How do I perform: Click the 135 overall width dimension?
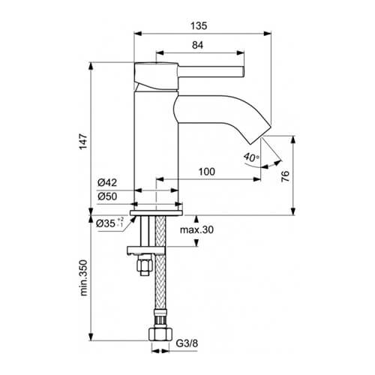coord(199,25)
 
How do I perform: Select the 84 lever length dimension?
coord(197,45)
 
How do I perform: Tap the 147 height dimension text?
coord(83,142)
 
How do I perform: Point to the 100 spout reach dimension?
coord(207,172)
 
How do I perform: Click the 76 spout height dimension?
coord(285,176)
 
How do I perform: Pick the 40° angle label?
coord(251,157)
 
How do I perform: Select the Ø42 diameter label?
coord(107,182)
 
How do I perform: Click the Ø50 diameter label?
coord(107,196)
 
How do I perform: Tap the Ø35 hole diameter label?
coord(109,223)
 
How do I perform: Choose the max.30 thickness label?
coord(196,229)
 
